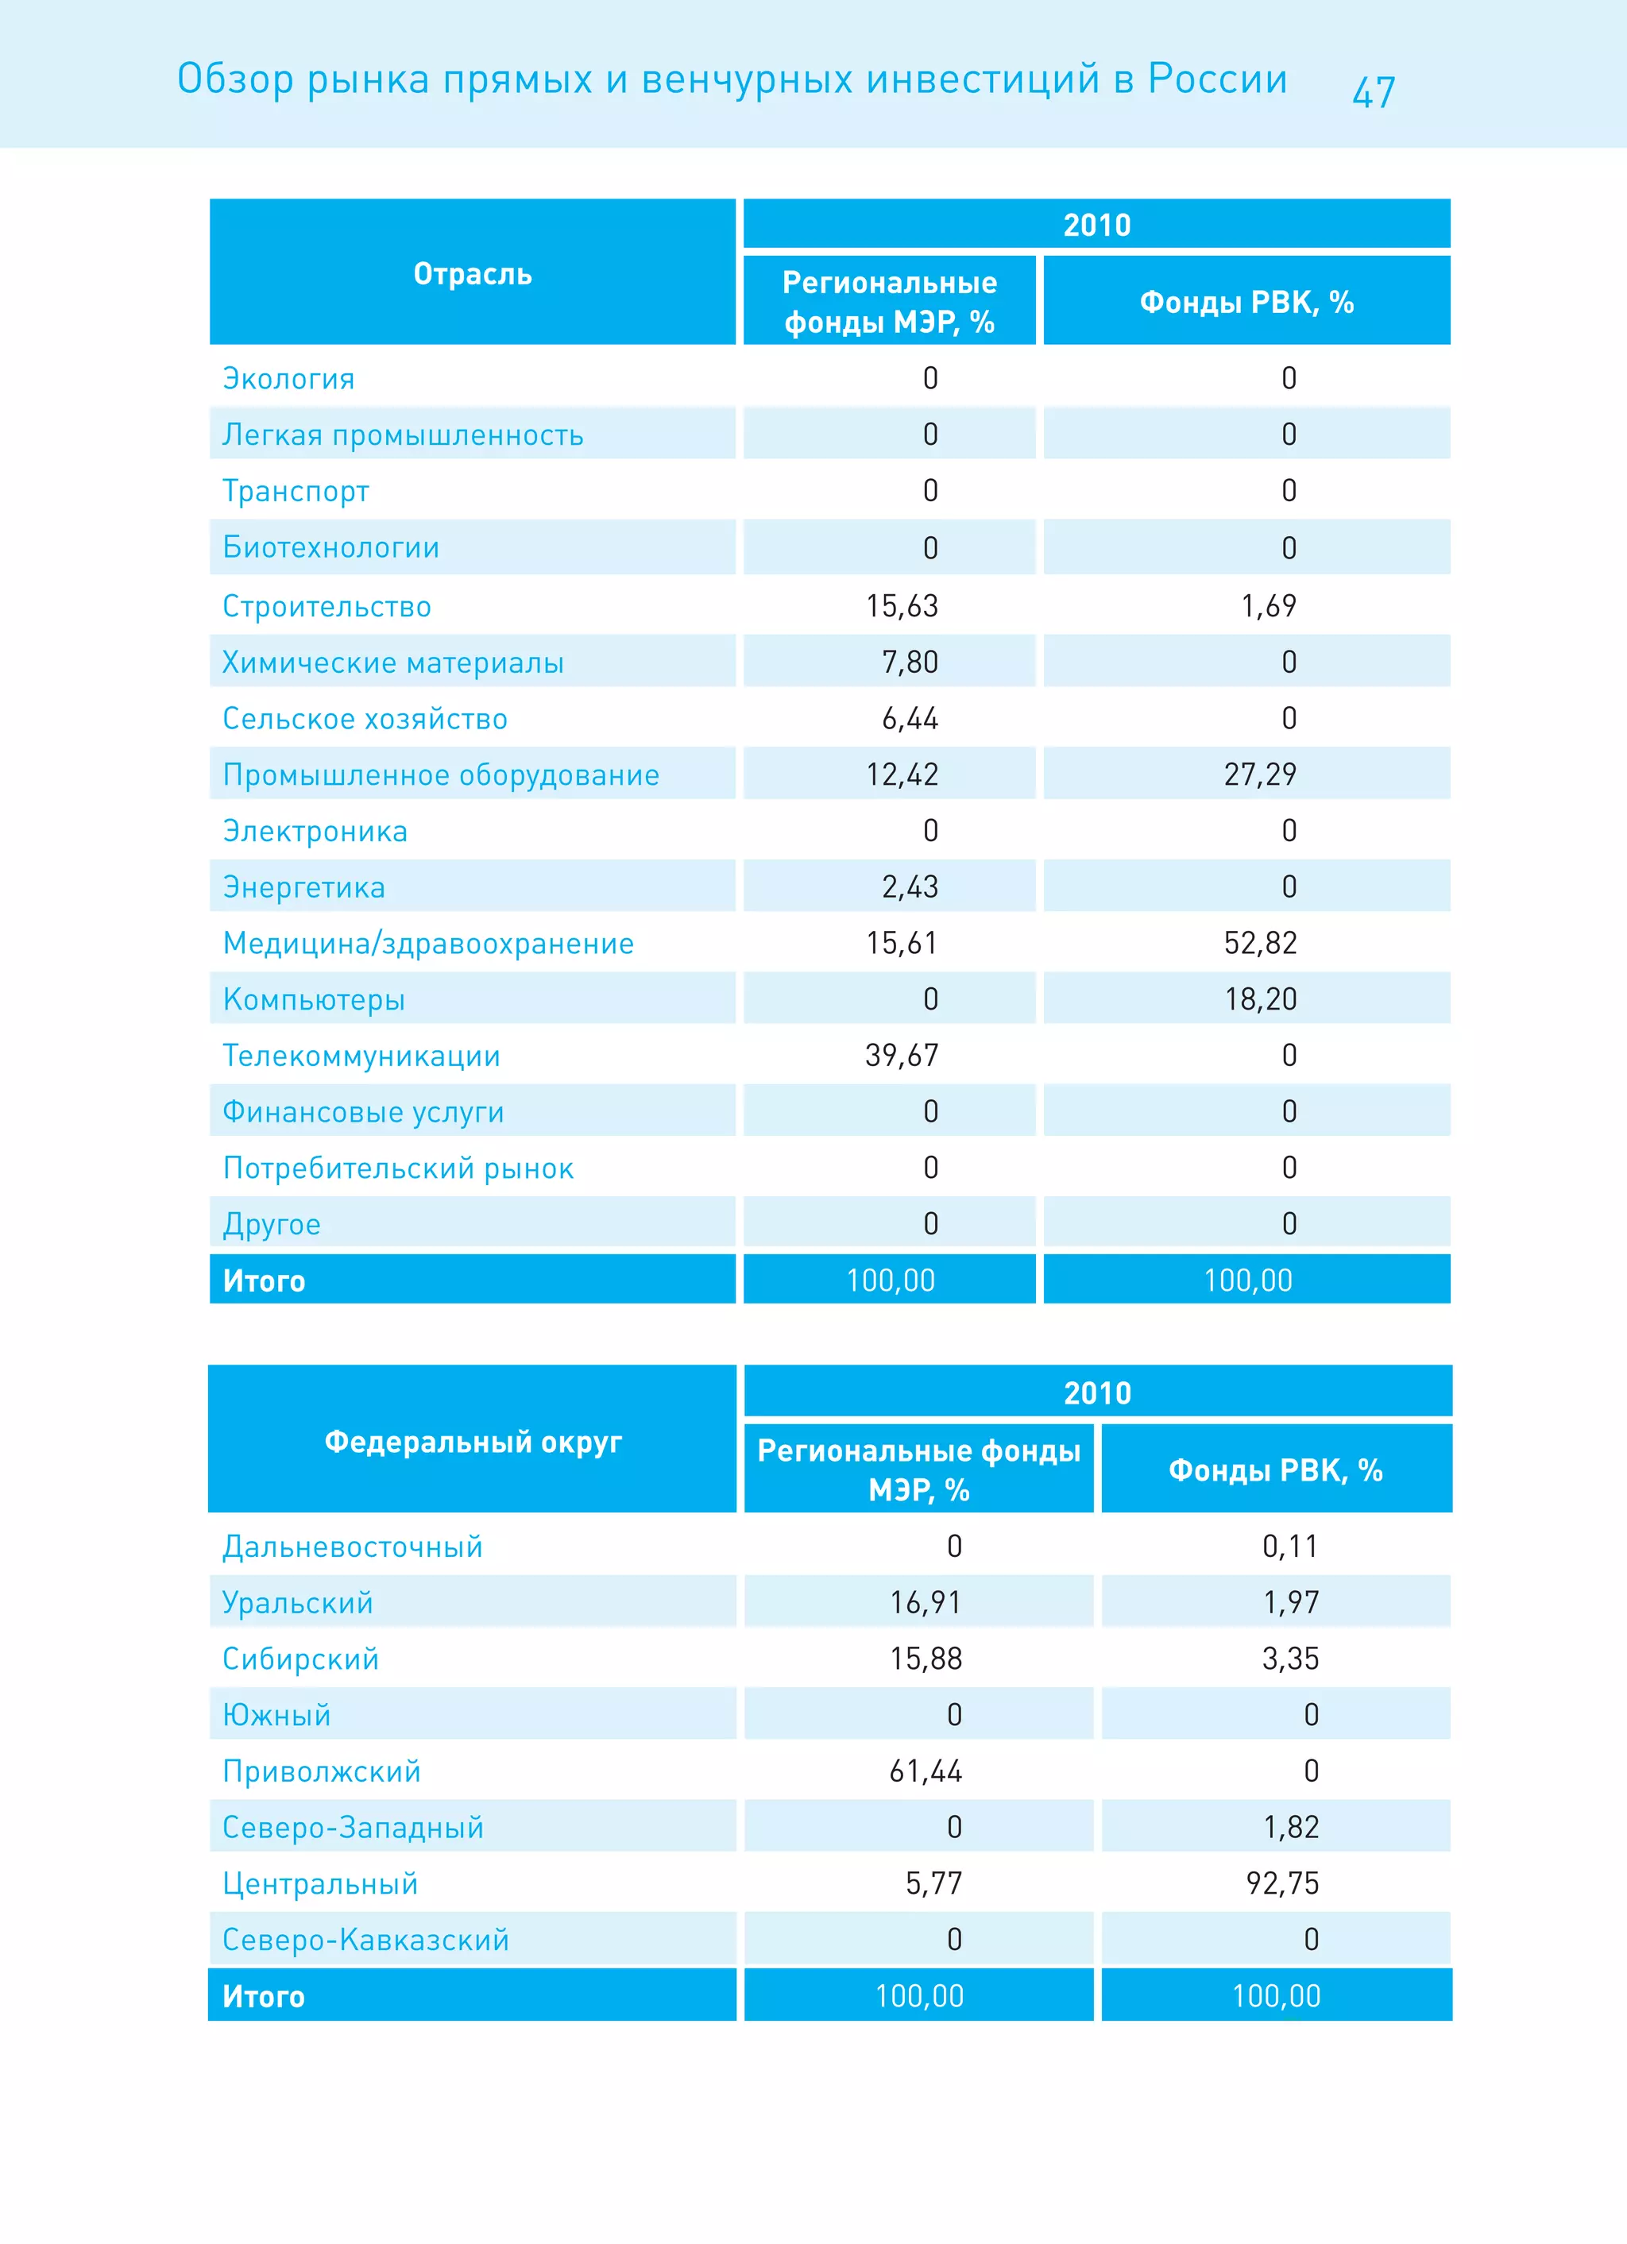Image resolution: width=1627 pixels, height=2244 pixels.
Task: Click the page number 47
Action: tap(1373, 92)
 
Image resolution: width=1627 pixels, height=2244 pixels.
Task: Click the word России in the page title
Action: tap(1217, 79)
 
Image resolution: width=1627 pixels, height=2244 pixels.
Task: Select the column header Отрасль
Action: tap(472, 274)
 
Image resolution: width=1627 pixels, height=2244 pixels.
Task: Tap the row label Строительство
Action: tap(327, 607)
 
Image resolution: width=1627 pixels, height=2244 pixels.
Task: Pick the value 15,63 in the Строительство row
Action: tap(902, 605)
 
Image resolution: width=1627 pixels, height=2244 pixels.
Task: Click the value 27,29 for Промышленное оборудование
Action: tap(1260, 774)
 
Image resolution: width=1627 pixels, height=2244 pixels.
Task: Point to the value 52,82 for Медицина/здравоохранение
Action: tap(1260, 943)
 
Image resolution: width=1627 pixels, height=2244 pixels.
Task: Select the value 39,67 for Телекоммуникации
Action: tap(902, 1056)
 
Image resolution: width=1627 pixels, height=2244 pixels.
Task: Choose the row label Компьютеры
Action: tap(314, 999)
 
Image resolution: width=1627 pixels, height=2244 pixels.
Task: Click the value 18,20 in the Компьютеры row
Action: tap(1260, 999)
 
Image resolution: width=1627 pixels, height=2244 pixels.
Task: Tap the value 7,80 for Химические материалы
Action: tap(910, 662)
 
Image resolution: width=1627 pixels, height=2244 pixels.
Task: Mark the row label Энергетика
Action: tap(303, 887)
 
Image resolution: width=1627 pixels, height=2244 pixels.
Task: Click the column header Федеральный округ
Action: tap(473, 1442)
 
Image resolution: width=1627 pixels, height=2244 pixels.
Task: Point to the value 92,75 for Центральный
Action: tap(1282, 1883)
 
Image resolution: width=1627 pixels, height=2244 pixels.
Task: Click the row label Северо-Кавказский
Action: tap(365, 1939)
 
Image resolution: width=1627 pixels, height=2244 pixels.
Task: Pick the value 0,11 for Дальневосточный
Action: tap(1289, 1547)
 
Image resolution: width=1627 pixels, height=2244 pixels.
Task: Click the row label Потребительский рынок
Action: tap(398, 1168)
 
